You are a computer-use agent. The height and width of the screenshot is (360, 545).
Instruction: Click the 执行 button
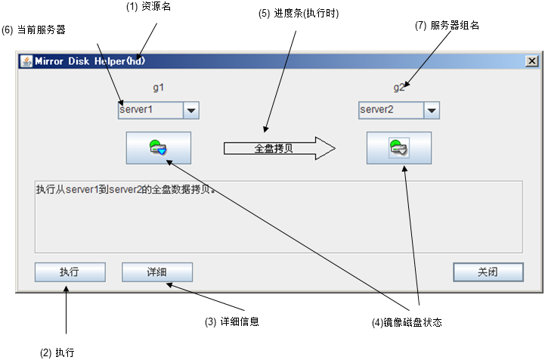point(70,272)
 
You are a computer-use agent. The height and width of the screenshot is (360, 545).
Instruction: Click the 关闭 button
point(488,272)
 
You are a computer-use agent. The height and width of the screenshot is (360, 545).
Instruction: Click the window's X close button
point(532,61)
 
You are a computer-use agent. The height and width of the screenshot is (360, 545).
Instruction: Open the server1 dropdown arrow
point(191,110)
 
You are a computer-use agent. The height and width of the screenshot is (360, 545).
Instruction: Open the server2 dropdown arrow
point(432,110)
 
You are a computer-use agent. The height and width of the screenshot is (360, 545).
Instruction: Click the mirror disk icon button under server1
point(159,147)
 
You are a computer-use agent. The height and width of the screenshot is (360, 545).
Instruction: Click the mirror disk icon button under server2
point(399,147)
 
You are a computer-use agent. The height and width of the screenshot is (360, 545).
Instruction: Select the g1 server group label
point(158,87)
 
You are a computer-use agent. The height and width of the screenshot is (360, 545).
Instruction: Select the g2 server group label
point(400,87)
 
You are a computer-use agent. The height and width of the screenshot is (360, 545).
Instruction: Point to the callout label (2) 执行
point(57,352)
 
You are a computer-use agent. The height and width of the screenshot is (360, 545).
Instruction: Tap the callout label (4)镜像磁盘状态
point(406,322)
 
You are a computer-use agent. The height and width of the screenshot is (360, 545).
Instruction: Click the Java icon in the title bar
point(24,61)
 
